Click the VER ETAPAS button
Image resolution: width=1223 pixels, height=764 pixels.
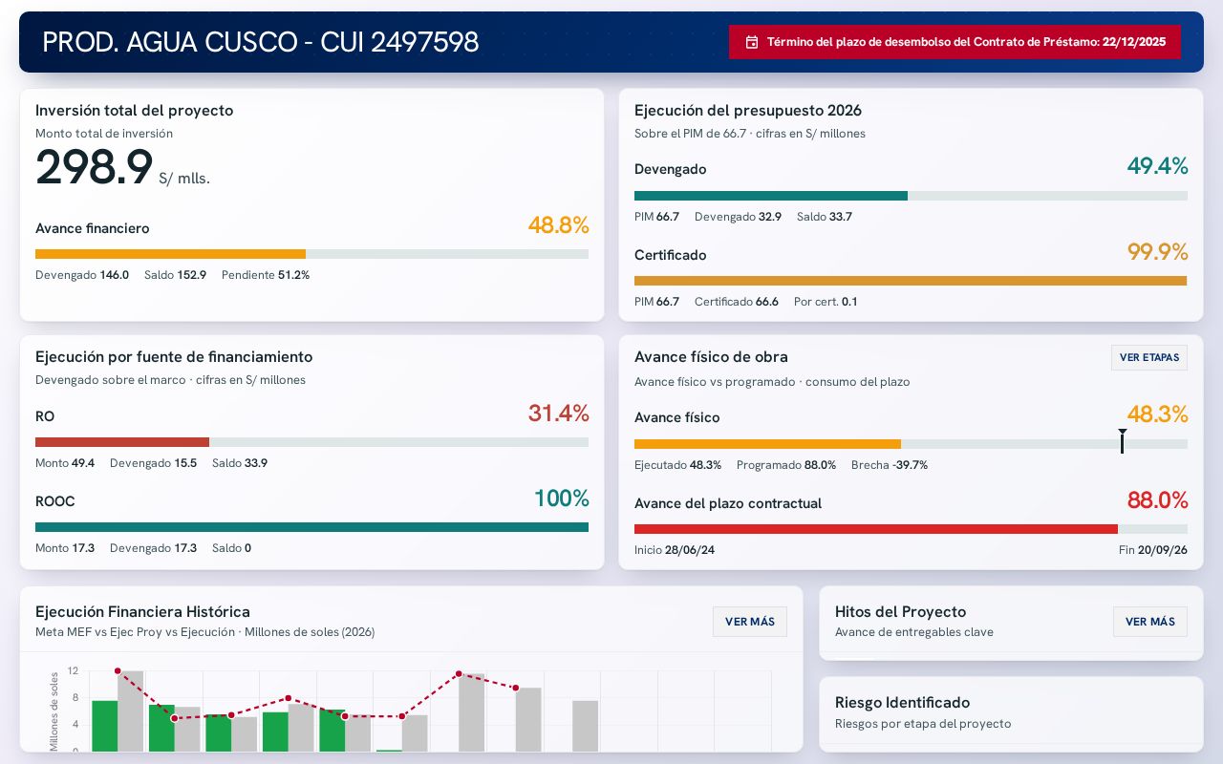[x=1149, y=357]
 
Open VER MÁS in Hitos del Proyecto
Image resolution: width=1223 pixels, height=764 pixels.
[x=1149, y=622]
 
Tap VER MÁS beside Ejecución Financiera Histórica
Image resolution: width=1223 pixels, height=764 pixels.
[x=750, y=622]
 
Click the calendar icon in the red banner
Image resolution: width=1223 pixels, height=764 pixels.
[x=752, y=42]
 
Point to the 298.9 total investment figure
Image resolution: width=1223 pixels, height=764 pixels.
[x=94, y=167]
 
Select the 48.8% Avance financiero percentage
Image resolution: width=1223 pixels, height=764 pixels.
[x=559, y=224]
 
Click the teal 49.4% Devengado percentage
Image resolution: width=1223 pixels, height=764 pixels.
[x=1157, y=166]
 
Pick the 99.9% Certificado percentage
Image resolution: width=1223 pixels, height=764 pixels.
[x=1157, y=251]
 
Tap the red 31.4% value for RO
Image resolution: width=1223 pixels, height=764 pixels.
[x=559, y=414]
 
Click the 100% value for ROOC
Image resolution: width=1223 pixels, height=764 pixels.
[x=561, y=499]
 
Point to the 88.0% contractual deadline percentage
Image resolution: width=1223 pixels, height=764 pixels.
[x=1157, y=499]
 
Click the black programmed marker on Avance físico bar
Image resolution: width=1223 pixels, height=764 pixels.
[x=1122, y=441]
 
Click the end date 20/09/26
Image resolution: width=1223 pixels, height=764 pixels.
[x=1163, y=549]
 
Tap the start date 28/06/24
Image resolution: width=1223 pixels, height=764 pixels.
[x=690, y=549]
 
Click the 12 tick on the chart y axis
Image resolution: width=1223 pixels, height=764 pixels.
[x=73, y=670]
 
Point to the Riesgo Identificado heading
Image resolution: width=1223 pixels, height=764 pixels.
[x=903, y=702]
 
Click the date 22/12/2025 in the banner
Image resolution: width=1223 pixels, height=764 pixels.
[x=1134, y=42]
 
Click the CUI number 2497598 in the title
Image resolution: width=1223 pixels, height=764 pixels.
[x=425, y=42]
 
